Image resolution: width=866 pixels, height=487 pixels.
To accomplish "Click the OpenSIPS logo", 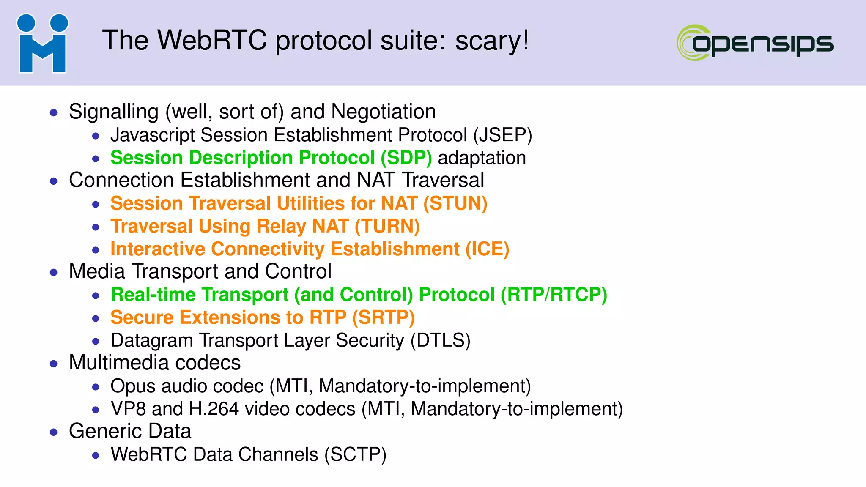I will click(x=755, y=43).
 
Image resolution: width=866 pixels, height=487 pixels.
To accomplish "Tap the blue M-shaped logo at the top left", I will click(x=42, y=44).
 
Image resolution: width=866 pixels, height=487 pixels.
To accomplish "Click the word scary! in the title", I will click(x=492, y=41).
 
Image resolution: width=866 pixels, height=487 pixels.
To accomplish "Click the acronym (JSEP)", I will click(x=502, y=135).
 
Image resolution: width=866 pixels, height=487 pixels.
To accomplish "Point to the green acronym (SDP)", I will click(x=406, y=158).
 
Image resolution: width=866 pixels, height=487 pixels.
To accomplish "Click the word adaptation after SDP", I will click(x=482, y=158).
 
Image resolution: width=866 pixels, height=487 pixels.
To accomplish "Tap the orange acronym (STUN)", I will click(x=455, y=204).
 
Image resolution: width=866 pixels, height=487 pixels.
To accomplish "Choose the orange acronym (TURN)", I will click(x=387, y=227).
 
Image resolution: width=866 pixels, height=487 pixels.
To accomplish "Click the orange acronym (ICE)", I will click(x=487, y=249).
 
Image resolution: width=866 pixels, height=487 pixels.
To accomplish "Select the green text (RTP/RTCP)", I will click(x=554, y=295).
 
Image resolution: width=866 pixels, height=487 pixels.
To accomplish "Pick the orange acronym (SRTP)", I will click(x=383, y=318).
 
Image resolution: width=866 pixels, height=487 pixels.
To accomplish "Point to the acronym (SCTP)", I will click(x=355, y=455).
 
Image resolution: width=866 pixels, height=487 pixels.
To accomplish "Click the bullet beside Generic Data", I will click(x=54, y=432).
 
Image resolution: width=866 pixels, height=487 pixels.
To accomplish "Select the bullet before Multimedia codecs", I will click(x=54, y=364).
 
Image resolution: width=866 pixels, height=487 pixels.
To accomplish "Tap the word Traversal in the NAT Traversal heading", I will click(x=442, y=181).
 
